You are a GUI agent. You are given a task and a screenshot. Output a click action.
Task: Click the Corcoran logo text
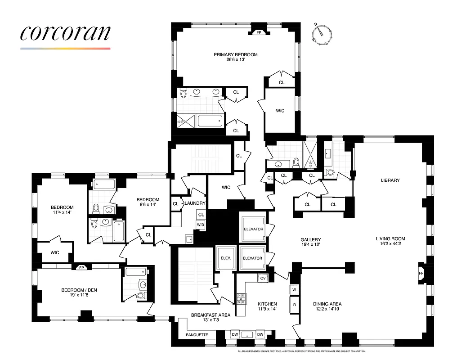tap(65, 34)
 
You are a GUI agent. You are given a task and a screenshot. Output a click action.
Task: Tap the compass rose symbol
tap(323, 34)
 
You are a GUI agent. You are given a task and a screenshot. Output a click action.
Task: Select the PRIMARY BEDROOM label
tap(235, 55)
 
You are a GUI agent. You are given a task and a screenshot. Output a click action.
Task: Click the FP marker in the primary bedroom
tap(259, 33)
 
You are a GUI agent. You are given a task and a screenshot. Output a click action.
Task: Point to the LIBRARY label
tap(390, 180)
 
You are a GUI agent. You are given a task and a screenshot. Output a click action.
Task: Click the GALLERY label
tap(310, 239)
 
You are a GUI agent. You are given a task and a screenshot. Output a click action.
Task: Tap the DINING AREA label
tap(327, 304)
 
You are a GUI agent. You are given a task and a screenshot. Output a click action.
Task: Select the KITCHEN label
tap(267, 304)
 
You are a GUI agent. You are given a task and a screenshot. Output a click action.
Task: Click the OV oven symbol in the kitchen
tap(263, 279)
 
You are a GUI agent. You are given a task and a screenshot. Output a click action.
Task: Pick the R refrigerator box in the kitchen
tap(295, 305)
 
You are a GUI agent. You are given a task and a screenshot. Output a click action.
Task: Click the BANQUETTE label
tap(197, 335)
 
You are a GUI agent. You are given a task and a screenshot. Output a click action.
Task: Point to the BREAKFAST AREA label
tap(211, 315)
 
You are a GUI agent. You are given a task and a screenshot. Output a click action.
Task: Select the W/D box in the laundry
tap(200, 224)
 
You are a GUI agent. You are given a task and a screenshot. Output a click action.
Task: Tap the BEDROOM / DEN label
tap(79, 290)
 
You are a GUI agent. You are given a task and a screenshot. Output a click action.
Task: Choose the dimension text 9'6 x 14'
tap(148, 205)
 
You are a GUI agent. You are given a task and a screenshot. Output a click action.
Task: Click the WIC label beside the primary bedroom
tap(280, 111)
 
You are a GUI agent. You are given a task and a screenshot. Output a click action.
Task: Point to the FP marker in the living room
tap(421, 273)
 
